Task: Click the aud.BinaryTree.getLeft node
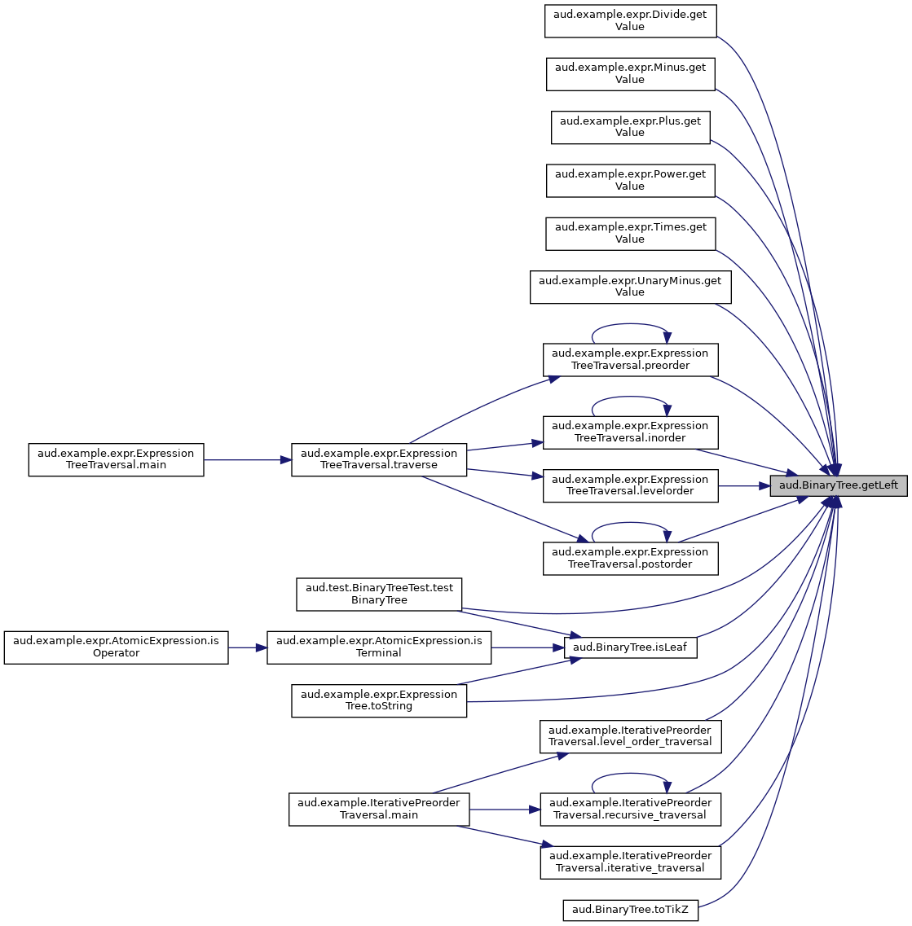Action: point(838,486)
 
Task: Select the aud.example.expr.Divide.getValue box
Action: point(630,21)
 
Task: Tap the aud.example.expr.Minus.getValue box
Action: point(630,74)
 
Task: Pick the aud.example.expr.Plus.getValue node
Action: point(630,128)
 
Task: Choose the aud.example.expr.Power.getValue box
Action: point(630,181)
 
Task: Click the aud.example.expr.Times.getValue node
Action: point(630,234)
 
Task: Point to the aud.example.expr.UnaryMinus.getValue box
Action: point(630,287)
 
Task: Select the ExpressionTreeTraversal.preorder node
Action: point(630,360)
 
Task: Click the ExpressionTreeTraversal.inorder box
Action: point(630,432)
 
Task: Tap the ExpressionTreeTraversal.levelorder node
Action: point(630,486)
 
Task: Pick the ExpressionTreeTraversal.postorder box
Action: point(630,559)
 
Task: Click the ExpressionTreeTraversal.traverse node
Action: point(379,459)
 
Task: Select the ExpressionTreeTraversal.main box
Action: point(116,459)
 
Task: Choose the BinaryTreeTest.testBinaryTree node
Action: point(379,594)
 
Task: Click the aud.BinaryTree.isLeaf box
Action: point(630,647)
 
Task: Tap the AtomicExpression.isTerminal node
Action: point(379,647)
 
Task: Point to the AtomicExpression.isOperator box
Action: point(116,647)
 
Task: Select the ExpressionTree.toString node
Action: point(379,701)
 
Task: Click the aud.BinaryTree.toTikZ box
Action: point(630,910)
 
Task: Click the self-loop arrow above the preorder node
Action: point(630,324)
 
